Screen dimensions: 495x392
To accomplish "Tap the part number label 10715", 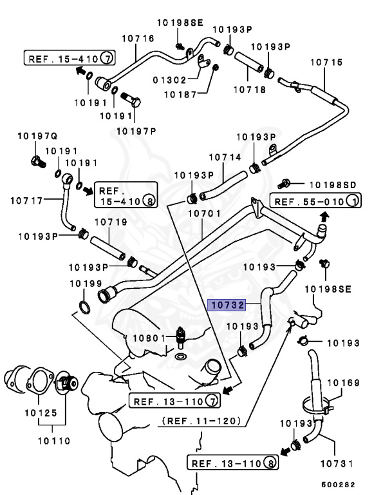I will point(326,63).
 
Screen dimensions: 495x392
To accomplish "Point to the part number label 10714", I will point(223,157).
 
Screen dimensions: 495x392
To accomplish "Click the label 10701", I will point(204,213).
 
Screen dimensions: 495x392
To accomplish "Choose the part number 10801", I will point(148,338).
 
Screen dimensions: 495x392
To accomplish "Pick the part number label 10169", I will point(343,383).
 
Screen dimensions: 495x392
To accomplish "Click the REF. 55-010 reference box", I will point(315,202).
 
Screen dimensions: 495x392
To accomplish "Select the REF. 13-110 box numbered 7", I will point(174,402).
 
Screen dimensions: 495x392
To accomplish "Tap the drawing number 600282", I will point(338,485).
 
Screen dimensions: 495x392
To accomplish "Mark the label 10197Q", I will point(37,137).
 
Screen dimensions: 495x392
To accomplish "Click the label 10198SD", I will point(328,185).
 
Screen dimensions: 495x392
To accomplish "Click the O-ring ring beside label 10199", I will point(84,305).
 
